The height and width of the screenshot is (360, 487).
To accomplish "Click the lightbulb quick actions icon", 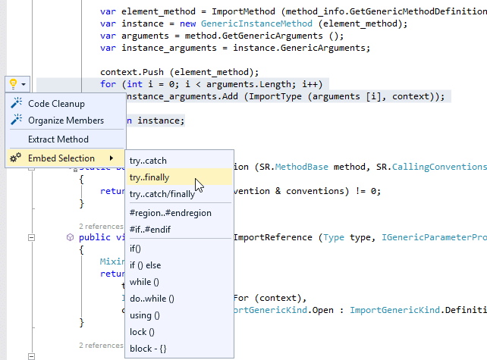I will [x=14, y=83].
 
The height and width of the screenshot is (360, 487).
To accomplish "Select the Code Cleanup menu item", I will [x=56, y=104].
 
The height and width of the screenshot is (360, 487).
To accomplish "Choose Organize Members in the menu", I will [x=66, y=121].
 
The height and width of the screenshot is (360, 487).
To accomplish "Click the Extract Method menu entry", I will [x=58, y=139].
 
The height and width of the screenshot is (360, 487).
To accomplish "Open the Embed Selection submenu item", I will [x=61, y=158].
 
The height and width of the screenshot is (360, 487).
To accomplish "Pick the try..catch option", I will [x=148, y=161].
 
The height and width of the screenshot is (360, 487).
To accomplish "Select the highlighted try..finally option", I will [x=149, y=177].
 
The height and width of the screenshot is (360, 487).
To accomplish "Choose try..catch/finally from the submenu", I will [x=162, y=195].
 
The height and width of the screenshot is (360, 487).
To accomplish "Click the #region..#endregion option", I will [x=170, y=213].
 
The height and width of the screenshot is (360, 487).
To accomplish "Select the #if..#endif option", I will [x=150, y=230].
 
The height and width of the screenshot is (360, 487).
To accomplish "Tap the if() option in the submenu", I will [x=136, y=249].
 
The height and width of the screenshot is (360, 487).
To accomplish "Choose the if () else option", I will [x=146, y=265].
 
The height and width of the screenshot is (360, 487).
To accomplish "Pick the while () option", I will [x=143, y=282].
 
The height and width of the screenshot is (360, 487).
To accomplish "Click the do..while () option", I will [x=152, y=299].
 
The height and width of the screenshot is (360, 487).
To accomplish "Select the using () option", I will [x=145, y=315].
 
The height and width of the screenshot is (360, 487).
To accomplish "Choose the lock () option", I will [x=142, y=331].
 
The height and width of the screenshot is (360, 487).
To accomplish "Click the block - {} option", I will [x=148, y=348].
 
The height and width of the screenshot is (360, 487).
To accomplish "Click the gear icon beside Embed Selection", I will [x=15, y=158].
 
